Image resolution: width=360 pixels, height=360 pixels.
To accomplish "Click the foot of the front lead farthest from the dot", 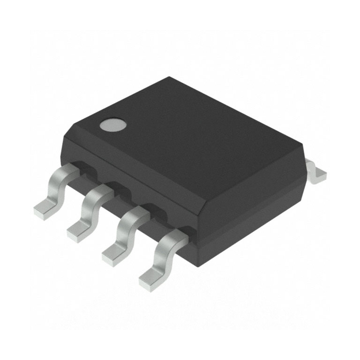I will coord(150,279).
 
